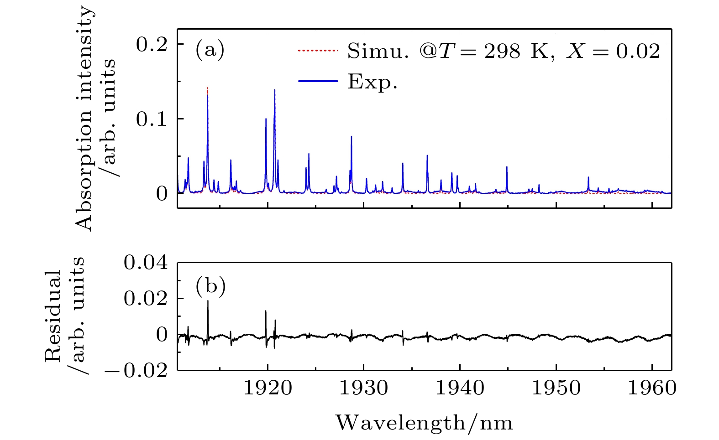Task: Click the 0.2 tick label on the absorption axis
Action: (x=152, y=44)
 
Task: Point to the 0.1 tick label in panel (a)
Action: (x=152, y=119)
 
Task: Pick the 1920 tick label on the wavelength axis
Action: (x=268, y=388)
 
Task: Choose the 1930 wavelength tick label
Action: (x=364, y=388)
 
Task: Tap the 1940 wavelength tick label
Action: (x=460, y=388)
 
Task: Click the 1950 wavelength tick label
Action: (x=556, y=388)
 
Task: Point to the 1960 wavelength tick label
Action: (x=652, y=388)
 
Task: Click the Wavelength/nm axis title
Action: (x=424, y=423)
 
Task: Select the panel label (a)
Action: (x=210, y=49)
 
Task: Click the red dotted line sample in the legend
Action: (x=318, y=51)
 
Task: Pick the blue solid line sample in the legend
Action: (x=318, y=81)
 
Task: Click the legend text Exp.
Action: (x=372, y=82)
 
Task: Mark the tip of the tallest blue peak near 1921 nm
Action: (x=274, y=90)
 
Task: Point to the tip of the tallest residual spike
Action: (x=208, y=301)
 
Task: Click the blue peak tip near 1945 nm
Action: (x=507, y=167)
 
